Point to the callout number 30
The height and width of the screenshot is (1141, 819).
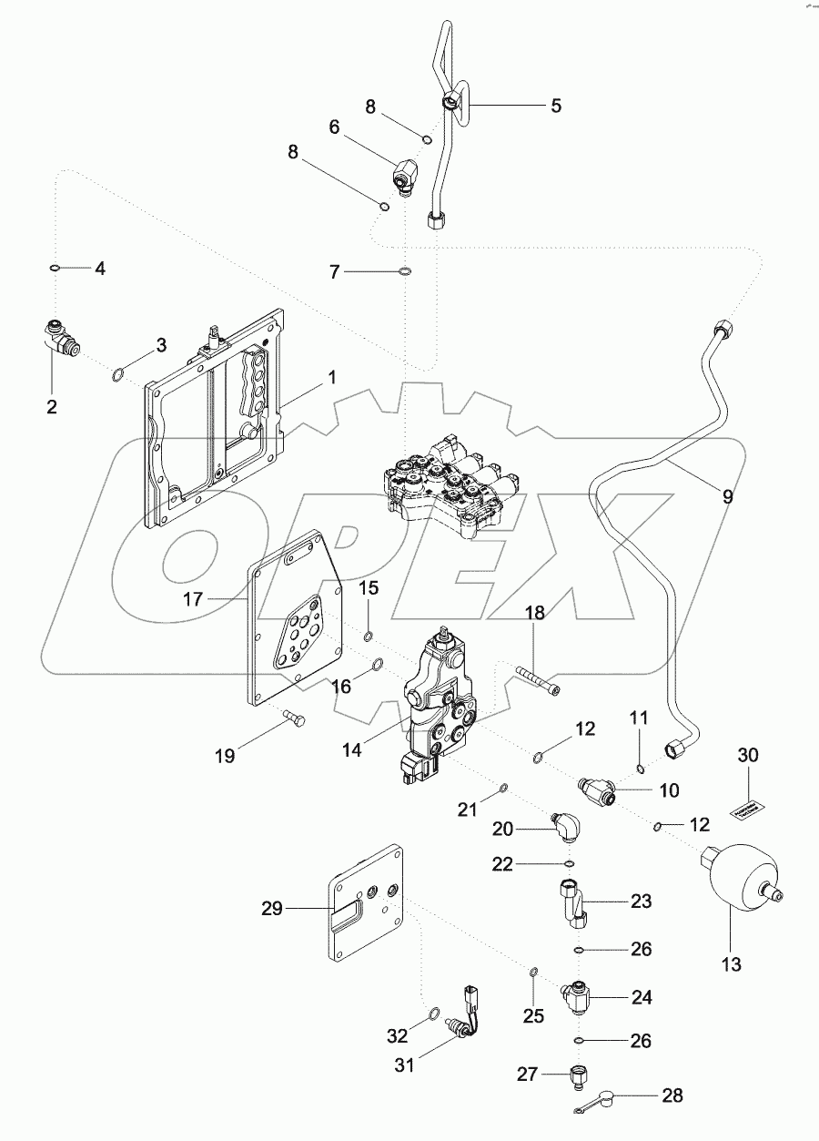pos(747,755)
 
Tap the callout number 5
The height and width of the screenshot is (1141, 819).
pos(555,106)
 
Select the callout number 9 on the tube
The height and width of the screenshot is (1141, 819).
pos(727,496)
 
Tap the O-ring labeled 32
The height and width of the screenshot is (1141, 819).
pos(433,1014)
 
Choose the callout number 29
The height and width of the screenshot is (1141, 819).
pos(272,908)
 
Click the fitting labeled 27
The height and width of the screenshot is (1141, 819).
pos(578,1075)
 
